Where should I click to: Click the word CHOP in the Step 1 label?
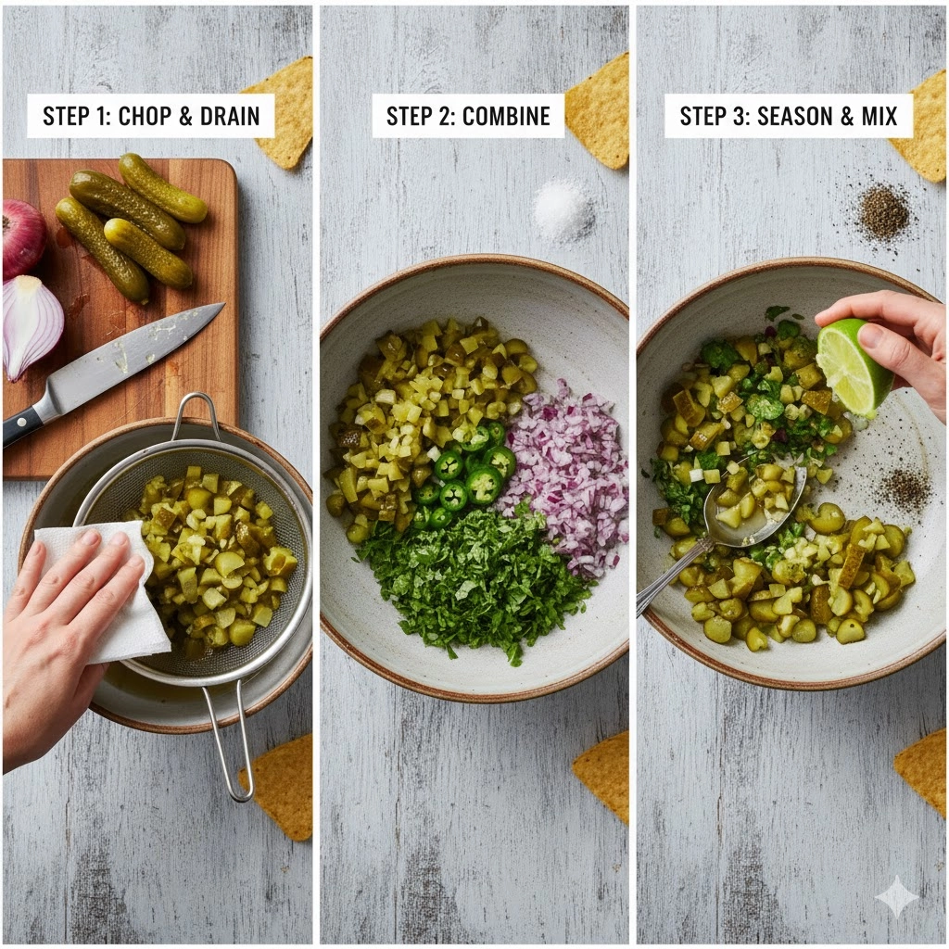tap(144, 116)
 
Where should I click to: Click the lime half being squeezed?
tap(853, 367)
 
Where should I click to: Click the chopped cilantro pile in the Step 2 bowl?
tap(472, 581)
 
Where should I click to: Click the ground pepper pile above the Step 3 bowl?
tap(882, 213)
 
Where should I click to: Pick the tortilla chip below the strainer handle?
tap(278, 787)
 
